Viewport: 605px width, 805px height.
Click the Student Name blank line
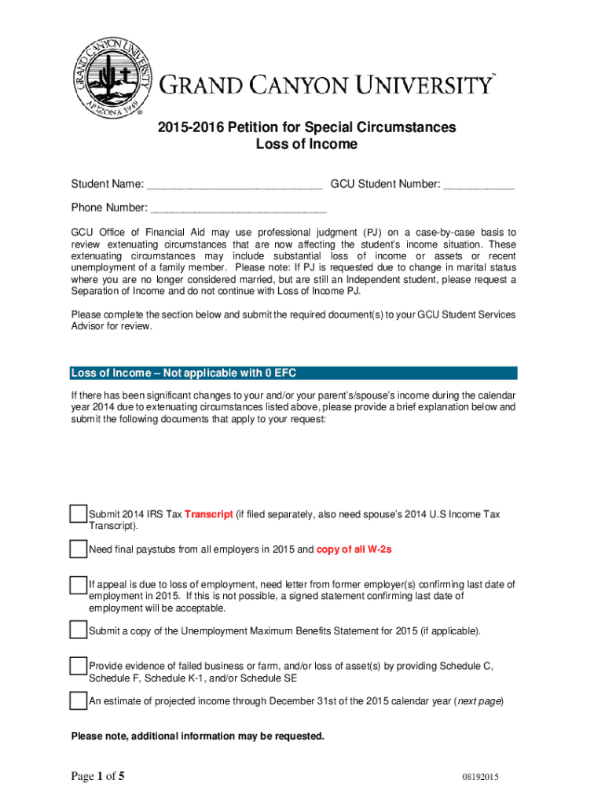click(234, 186)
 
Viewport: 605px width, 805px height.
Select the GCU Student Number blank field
click(479, 186)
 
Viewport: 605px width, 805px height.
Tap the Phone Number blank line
click(238, 209)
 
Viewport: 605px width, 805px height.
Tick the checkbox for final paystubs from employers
click(78, 549)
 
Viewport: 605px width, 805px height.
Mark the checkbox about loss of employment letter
click(78, 585)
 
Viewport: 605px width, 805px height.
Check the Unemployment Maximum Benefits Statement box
click(78, 630)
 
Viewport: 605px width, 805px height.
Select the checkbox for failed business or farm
click(78, 666)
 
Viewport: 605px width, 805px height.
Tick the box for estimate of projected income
click(78, 700)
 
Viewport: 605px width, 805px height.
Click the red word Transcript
click(208, 515)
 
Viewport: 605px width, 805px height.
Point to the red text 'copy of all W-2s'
click(354, 550)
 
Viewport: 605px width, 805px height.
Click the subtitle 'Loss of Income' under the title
click(306, 145)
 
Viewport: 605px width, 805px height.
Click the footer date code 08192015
click(481, 778)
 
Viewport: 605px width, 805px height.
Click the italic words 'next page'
click(478, 701)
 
